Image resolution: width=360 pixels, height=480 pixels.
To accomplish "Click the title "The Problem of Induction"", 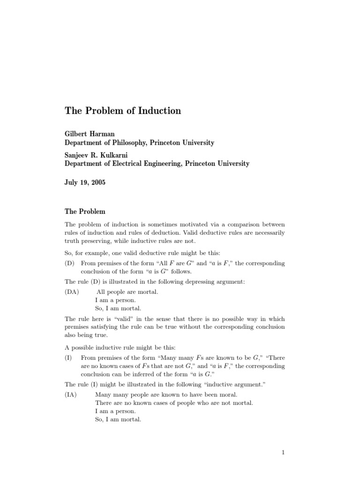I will point(122,111).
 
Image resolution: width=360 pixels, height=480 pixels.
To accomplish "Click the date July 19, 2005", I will point(85,183).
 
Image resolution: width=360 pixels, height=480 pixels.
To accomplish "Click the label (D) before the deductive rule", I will point(70,263).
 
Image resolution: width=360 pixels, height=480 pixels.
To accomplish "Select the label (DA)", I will point(72,292).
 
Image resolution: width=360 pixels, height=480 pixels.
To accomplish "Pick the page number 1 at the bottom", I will point(284,452).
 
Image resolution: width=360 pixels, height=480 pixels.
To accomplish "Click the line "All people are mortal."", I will point(127,292).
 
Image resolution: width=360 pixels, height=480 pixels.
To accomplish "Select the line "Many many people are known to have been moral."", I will point(166,395).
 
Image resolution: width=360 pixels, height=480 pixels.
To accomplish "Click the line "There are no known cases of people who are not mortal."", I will point(174,403).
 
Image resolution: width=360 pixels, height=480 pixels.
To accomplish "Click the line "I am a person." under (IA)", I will point(115,411).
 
